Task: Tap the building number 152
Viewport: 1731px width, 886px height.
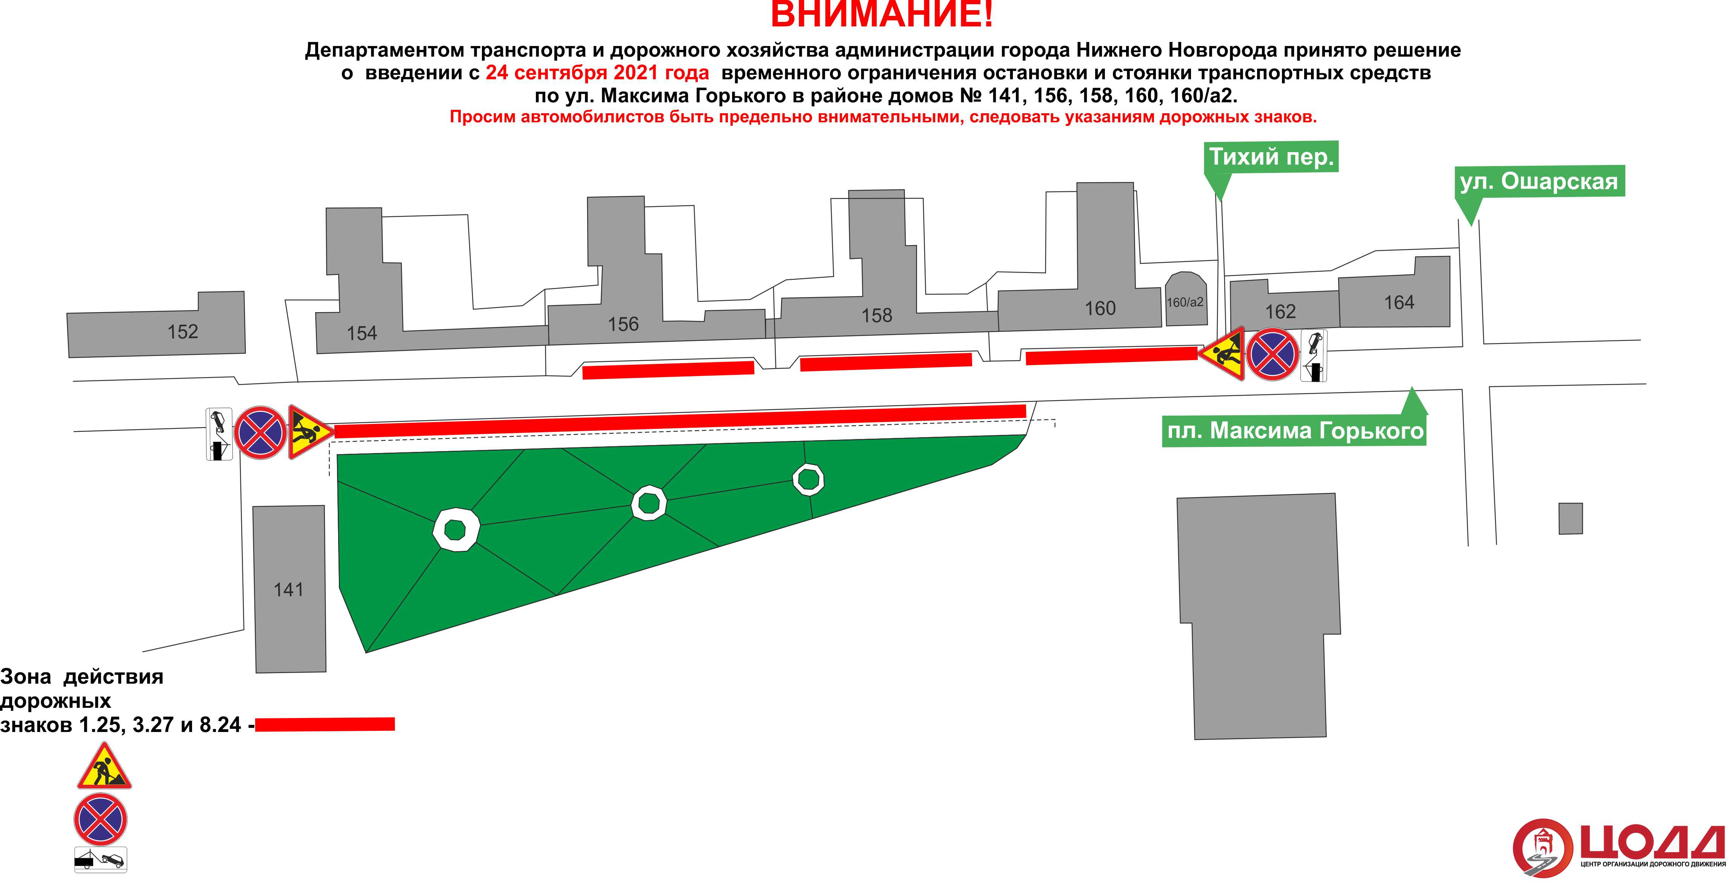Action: tap(183, 331)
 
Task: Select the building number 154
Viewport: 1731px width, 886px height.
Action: tap(362, 333)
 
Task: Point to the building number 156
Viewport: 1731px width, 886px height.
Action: tap(623, 324)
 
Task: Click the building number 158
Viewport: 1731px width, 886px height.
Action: tap(877, 315)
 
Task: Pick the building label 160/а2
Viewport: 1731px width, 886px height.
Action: tap(1185, 302)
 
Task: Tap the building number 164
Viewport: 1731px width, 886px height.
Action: tap(1399, 302)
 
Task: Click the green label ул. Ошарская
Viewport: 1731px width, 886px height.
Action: tap(1539, 182)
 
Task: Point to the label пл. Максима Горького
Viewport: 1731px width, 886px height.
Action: tap(1295, 431)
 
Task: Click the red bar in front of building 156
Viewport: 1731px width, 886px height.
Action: tap(668, 370)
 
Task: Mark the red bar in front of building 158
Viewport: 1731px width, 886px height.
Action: tap(886, 362)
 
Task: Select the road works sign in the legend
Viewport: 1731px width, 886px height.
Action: tap(104, 768)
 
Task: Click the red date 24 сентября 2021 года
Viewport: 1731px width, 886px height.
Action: tap(597, 72)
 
